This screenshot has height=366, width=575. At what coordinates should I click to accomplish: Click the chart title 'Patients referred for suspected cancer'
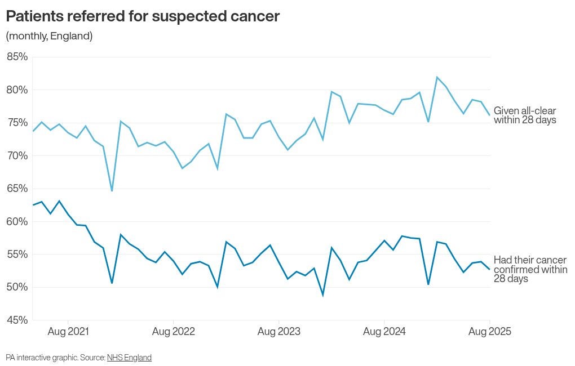143,16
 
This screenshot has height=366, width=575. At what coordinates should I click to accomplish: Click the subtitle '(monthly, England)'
49,36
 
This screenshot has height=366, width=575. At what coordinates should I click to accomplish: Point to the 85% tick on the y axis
17,57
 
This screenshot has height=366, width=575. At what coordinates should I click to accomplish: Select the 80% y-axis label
17,90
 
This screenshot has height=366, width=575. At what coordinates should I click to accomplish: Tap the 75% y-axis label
17,123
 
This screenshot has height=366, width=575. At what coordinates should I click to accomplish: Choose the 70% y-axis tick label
17,155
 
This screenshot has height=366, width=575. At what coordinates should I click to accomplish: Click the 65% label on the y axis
17,189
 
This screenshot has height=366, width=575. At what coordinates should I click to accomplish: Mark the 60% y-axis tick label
17,221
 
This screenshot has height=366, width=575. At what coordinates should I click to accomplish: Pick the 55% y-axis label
17,255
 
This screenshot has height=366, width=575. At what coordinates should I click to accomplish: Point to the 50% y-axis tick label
17,287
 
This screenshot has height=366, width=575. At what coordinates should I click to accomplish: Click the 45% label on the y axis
17,320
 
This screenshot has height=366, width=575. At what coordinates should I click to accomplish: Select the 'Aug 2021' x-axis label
68,332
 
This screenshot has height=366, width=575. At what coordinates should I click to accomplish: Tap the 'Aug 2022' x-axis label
174,332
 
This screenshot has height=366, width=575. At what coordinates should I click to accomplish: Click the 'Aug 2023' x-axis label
279,332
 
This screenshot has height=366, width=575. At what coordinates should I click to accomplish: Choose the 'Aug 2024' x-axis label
384,332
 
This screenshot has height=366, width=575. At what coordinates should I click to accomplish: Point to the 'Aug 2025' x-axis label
489,332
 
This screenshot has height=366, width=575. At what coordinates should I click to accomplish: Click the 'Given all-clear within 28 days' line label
525,115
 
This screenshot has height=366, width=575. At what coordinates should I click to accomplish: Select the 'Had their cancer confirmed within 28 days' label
530,269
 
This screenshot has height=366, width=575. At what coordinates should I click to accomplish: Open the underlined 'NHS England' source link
129,358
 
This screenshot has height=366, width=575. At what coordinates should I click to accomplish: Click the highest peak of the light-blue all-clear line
437,77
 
